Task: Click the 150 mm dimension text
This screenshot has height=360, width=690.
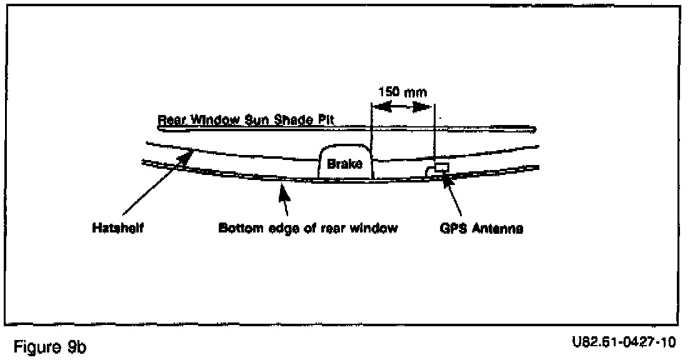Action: click(x=402, y=92)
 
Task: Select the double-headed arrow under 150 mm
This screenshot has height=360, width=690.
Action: click(x=402, y=107)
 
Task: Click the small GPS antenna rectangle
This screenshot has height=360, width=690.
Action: click(x=442, y=167)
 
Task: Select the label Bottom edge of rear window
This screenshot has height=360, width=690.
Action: click(x=307, y=229)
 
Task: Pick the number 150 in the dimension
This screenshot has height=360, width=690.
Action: click(x=389, y=92)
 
